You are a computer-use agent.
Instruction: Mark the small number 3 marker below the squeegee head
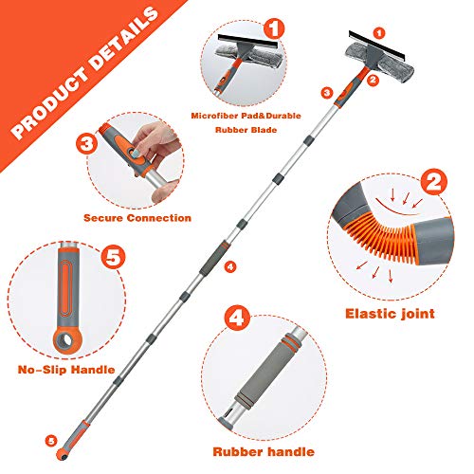click(x=326, y=92)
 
